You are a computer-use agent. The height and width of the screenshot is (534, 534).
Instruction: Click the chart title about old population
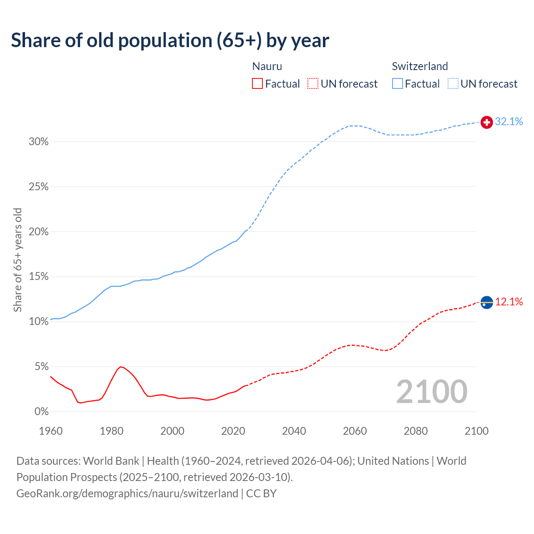(x=170, y=40)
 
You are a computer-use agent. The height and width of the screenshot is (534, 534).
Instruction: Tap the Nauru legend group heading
(x=267, y=66)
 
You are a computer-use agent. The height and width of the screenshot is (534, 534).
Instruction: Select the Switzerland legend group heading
(x=420, y=66)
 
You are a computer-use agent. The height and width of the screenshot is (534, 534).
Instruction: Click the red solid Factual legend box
(x=257, y=84)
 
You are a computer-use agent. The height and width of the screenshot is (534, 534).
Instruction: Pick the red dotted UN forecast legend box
(x=313, y=84)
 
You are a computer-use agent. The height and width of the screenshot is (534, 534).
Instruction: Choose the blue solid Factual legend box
(x=398, y=84)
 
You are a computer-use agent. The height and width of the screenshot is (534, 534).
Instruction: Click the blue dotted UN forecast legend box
(x=453, y=84)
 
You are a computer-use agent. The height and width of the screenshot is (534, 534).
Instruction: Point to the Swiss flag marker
(x=487, y=122)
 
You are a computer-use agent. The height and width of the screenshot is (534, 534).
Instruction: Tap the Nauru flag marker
(x=487, y=302)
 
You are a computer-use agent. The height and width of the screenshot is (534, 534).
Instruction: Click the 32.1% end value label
(x=509, y=121)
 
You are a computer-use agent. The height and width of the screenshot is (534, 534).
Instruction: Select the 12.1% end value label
(x=509, y=302)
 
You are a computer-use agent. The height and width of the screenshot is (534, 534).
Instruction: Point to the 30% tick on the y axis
(x=39, y=142)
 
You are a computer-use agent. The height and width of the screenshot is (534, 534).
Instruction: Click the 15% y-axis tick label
(x=39, y=277)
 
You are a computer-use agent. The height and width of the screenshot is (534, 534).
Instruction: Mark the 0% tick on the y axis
(x=41, y=412)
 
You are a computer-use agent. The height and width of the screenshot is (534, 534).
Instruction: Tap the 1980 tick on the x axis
(x=111, y=431)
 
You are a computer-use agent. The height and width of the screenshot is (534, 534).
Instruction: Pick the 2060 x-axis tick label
(x=355, y=431)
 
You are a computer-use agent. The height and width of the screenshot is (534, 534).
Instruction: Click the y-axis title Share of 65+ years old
(x=18, y=259)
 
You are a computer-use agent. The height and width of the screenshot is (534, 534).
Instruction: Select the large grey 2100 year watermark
(x=432, y=392)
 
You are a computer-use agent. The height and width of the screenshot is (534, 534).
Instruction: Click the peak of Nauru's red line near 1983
(x=120, y=367)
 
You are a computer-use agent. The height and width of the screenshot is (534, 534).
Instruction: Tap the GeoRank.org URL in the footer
(x=127, y=494)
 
